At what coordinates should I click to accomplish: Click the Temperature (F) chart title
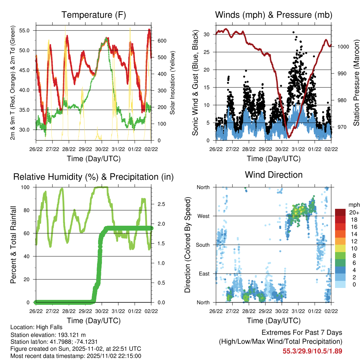93,15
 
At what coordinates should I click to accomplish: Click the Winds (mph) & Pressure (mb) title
274,15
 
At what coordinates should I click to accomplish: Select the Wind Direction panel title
274,175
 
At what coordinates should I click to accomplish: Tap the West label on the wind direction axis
203,216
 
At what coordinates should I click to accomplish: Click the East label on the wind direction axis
204,274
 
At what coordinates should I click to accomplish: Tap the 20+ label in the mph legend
352,213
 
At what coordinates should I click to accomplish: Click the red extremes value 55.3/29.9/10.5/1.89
312,351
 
